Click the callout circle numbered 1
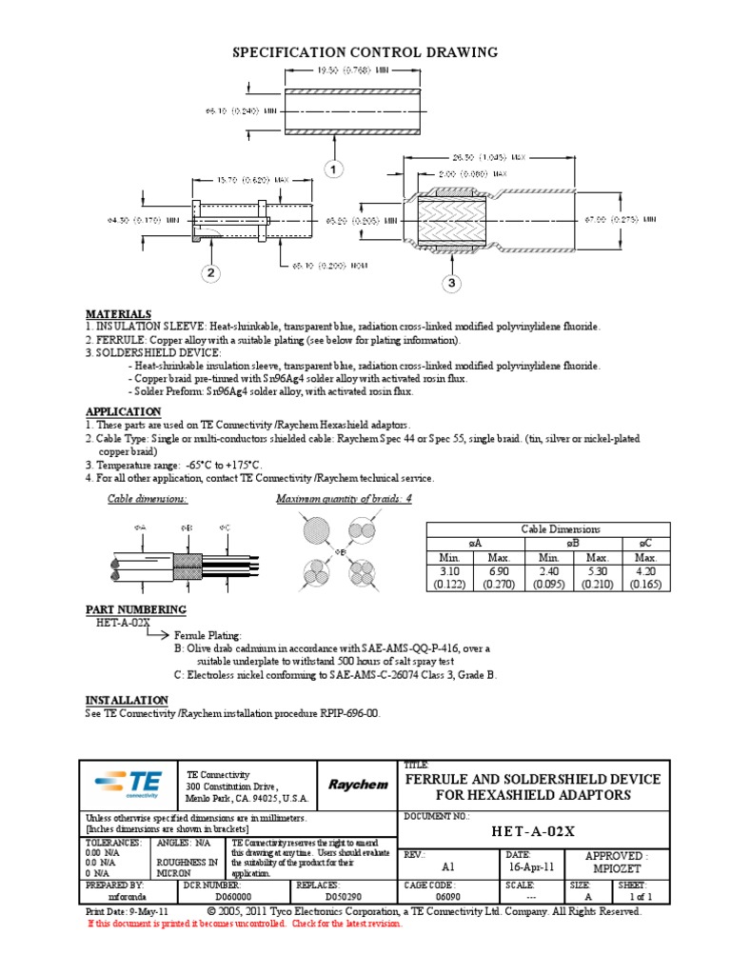(x=333, y=169)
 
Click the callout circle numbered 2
(x=210, y=274)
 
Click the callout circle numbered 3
(x=452, y=284)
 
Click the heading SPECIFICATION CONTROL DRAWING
(x=365, y=52)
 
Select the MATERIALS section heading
(x=118, y=313)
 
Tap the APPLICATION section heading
(x=125, y=411)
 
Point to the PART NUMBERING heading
(x=136, y=609)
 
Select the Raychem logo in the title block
(x=358, y=785)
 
